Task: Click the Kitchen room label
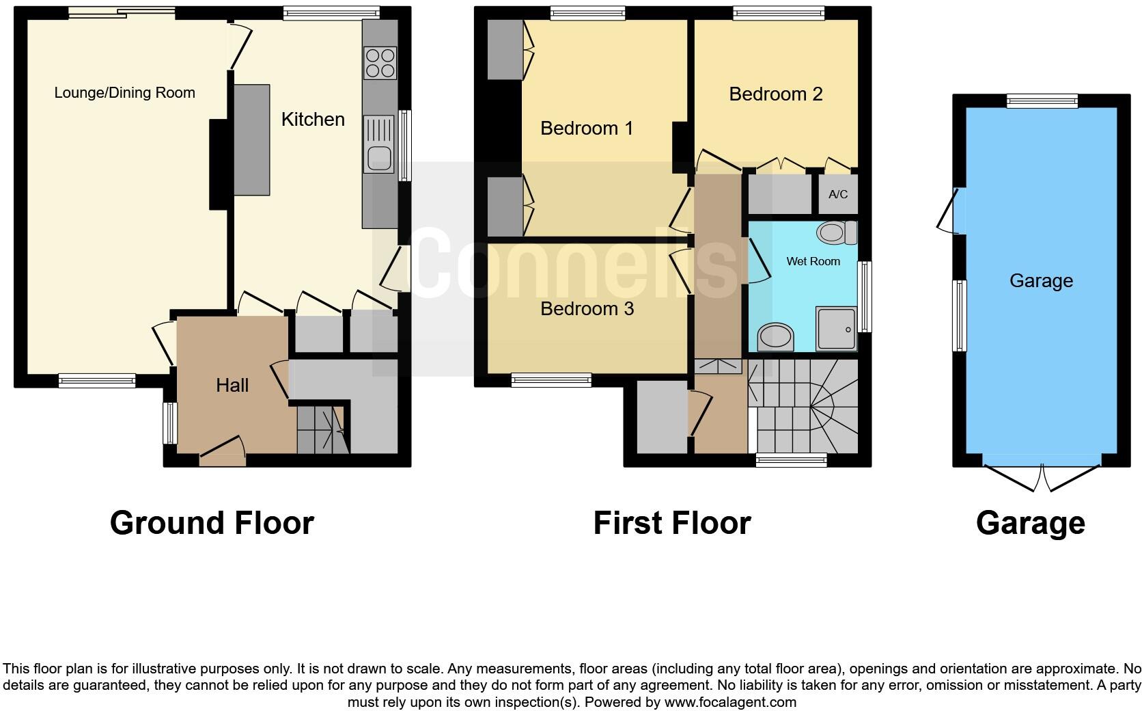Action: coord(313,120)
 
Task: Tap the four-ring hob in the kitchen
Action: coord(380,62)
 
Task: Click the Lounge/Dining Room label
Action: coord(124,93)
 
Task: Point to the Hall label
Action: coord(232,386)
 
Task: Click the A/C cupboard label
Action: coord(838,194)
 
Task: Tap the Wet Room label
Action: coord(813,261)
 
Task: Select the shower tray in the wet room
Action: coord(836,330)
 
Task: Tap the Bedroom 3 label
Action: coord(587,309)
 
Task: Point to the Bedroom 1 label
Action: coord(586,129)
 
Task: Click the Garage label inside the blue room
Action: coord(1041,281)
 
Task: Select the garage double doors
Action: coord(1043,477)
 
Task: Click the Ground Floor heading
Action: coord(212,523)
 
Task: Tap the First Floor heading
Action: coord(671,523)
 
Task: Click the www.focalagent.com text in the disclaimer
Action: coord(730,702)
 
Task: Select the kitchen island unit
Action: coord(251,139)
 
